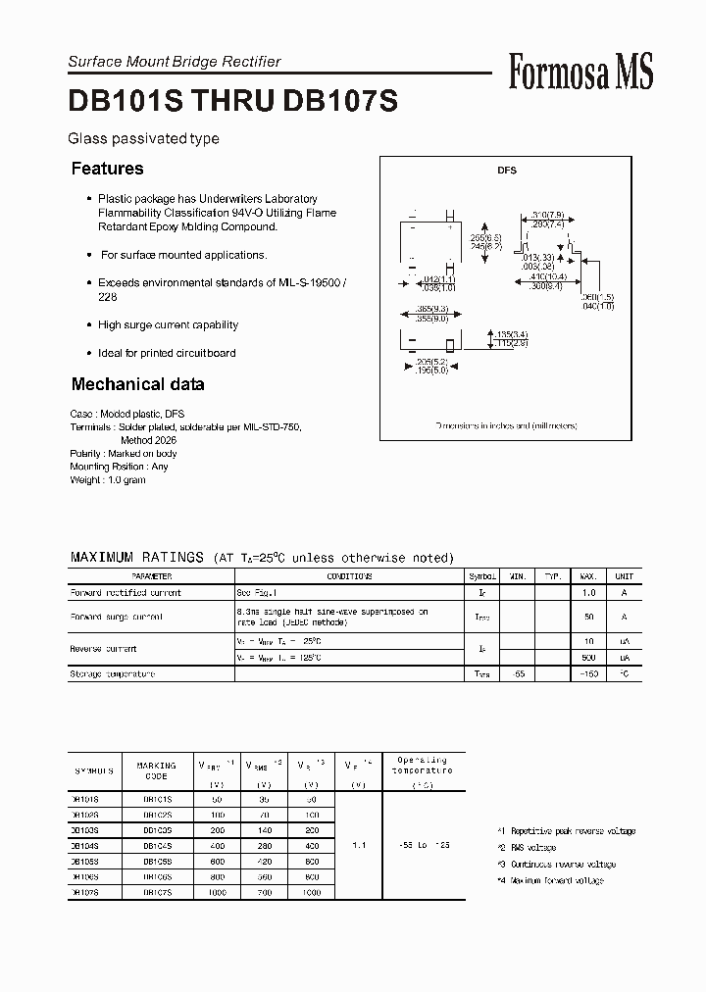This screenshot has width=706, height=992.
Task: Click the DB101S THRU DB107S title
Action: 232,103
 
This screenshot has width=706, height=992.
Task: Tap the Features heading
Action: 107,169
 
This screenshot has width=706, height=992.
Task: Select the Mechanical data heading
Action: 137,384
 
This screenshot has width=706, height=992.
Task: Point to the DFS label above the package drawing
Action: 506,171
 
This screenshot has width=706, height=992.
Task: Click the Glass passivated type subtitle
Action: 143,139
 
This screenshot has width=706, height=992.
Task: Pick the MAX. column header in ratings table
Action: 588,577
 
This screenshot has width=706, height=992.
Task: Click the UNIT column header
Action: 624,577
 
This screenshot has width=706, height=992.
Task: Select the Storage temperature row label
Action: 112,674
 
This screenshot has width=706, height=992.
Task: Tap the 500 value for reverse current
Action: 588,657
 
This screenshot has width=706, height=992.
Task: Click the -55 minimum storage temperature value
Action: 518,674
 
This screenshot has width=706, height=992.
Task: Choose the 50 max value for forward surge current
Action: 588,618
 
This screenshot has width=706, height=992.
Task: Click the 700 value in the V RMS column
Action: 263,891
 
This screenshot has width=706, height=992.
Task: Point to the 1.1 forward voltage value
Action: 359,844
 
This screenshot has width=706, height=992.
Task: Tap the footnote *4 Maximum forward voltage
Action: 550,880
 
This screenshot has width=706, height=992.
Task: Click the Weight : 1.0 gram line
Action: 108,480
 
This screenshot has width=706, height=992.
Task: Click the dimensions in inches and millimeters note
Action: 506,426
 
